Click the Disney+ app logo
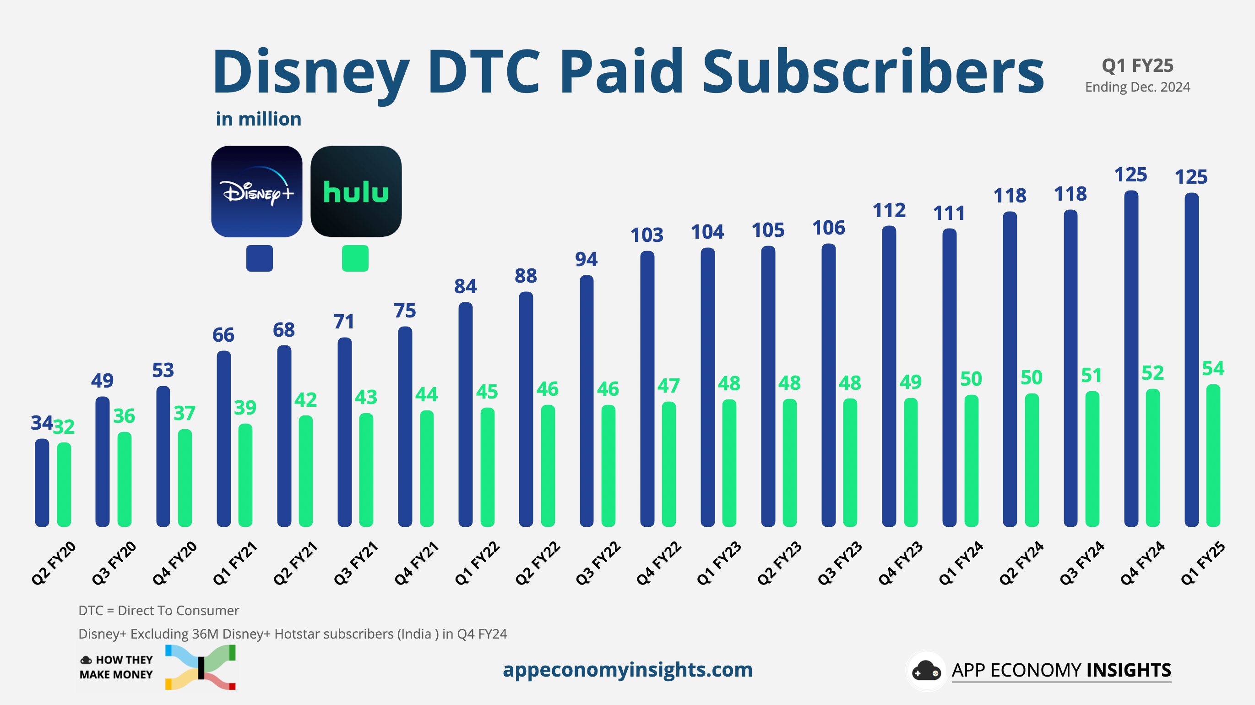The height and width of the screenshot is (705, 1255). click(x=257, y=191)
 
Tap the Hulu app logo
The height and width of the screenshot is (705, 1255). click(x=356, y=191)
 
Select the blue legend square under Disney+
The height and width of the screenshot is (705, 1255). click(x=259, y=258)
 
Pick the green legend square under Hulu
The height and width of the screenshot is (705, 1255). click(x=355, y=258)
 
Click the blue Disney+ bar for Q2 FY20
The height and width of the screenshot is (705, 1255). click(x=43, y=483)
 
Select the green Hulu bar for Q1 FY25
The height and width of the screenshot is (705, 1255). click(x=1212, y=456)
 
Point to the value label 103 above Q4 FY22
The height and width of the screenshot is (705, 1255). click(x=647, y=235)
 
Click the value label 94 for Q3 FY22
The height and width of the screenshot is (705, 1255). click(x=586, y=259)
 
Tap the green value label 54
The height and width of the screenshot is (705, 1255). click(x=1212, y=368)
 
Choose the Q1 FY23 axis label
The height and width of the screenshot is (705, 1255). click(x=719, y=563)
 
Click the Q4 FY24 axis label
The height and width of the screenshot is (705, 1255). click(x=1142, y=563)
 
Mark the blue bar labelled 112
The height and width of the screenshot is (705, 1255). click(x=889, y=376)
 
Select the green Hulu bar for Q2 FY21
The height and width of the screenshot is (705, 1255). click(x=305, y=471)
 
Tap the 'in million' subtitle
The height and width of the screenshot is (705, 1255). click(x=258, y=119)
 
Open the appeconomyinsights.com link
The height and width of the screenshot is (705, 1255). click(x=627, y=669)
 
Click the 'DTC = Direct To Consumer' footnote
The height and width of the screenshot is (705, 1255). click(x=158, y=611)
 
